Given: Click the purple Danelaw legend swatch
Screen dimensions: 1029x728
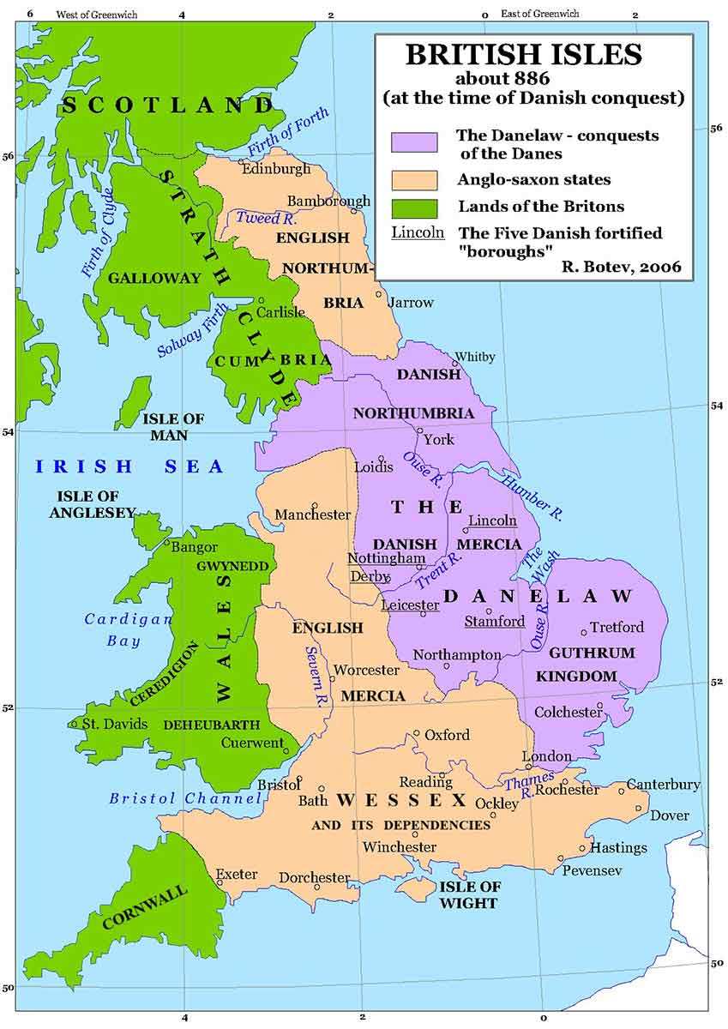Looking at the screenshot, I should click(414, 142).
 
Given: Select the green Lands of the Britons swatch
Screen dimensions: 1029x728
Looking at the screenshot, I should click(414, 207).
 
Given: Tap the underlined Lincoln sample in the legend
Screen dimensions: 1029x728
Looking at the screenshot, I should click(418, 232).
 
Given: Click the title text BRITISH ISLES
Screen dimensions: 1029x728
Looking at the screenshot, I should click(523, 55).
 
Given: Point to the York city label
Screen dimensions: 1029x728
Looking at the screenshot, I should click(439, 440).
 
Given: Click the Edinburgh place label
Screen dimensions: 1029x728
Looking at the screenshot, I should click(276, 169).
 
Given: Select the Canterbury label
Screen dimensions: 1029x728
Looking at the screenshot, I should click(663, 785).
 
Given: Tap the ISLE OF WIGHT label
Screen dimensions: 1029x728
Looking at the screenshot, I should click(468, 894).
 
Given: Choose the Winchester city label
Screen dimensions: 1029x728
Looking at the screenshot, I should click(399, 846).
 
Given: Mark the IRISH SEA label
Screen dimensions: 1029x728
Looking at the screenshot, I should click(129, 467).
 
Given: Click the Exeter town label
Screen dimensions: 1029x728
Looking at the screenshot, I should click(236, 875).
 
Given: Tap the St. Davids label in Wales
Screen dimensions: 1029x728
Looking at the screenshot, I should click(114, 724).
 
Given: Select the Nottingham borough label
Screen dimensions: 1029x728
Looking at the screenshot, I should click(386, 558).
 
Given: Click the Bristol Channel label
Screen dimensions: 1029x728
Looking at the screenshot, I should click(184, 798).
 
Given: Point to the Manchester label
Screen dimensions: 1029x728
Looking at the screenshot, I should click(312, 514).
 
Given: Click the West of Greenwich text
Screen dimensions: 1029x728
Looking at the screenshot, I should click(93, 15).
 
